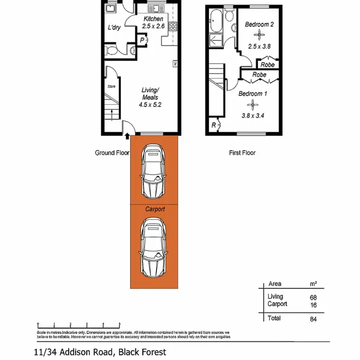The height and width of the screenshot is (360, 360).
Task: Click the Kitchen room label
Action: tap(154, 19)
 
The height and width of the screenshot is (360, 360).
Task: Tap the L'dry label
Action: tap(114, 28)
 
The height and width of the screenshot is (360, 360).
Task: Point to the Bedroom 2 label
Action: tap(259, 24)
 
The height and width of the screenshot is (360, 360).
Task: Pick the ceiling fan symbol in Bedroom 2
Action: tap(259, 35)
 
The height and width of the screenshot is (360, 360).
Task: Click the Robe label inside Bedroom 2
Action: tap(267, 64)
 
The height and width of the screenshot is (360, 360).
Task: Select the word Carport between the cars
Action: tap(155, 209)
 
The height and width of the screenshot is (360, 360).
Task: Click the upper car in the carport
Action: tap(155, 173)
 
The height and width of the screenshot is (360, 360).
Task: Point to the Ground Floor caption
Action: tap(112, 153)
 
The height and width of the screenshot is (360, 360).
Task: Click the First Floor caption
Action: tap(241, 153)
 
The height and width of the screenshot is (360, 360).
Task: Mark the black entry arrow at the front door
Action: tap(127, 137)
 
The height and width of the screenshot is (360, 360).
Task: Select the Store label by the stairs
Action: tap(111, 86)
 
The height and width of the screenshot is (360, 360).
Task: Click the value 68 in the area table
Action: tap(313, 297)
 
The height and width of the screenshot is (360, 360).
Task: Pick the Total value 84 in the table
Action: tap(313, 318)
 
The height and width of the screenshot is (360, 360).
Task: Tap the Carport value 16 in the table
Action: tap(313, 304)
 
